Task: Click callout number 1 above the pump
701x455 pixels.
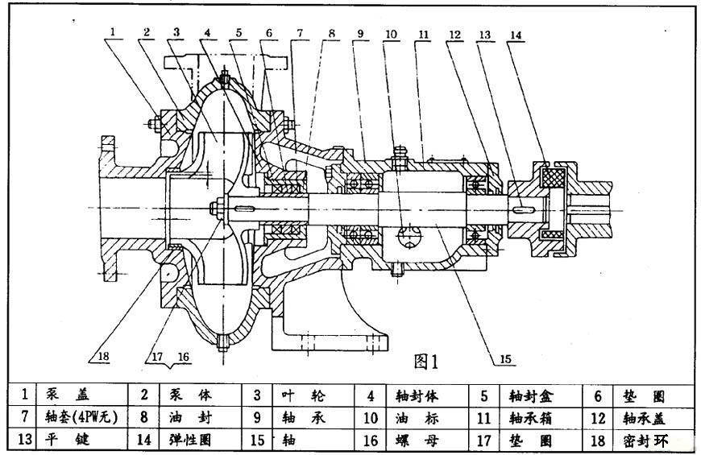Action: click(114, 33)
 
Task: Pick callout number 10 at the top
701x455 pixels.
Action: click(391, 34)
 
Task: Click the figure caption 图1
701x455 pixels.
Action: click(425, 362)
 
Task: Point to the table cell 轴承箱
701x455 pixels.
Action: click(528, 418)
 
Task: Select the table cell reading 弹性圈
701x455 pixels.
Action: click(191, 441)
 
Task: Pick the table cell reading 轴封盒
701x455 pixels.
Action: click(528, 395)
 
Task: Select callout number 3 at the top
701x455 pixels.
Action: click(176, 32)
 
